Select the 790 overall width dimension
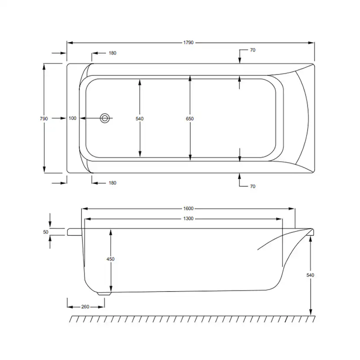43,118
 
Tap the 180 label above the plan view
112,53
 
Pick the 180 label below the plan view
112,183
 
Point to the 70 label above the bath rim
253,50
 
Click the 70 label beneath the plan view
253,187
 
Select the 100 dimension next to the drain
73,118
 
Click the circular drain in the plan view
105,118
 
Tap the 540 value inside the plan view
140,118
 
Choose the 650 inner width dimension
190,118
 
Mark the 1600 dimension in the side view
188,208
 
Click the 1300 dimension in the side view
188,218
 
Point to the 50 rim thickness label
45,232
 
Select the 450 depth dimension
110,259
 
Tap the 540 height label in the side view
310,275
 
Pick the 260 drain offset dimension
85,307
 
